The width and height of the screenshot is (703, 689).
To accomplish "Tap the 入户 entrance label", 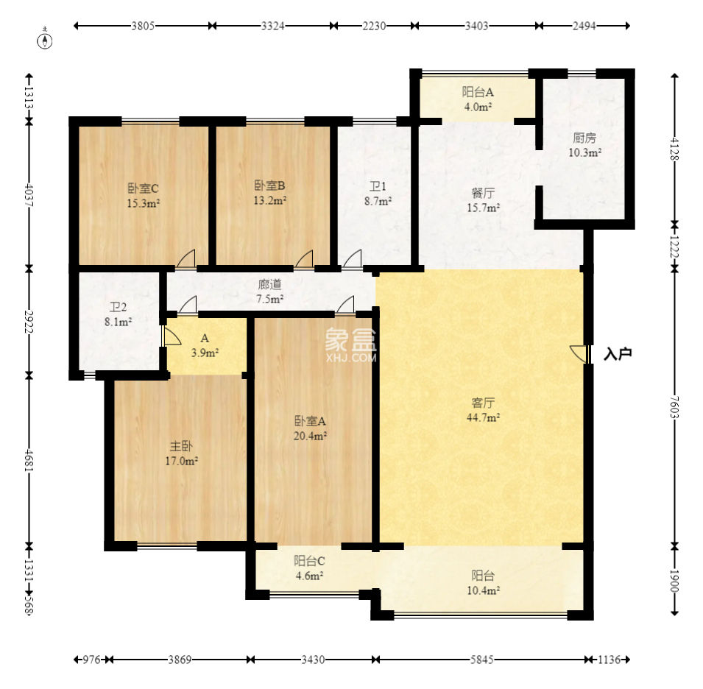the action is tap(618, 353).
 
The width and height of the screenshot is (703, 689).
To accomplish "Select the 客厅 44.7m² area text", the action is tap(483, 410).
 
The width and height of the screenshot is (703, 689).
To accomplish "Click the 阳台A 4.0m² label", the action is tap(478, 99).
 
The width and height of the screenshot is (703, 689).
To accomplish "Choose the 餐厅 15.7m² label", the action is tap(483, 200).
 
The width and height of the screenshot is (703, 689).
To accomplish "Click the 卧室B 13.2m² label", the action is tap(269, 193).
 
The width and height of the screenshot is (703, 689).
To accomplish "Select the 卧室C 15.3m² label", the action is tap(143, 196).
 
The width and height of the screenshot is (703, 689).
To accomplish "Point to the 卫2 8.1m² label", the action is tap(118, 314).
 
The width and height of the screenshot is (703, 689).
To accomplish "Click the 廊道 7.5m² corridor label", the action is tap(269, 291).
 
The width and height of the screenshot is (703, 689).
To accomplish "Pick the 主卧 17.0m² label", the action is tap(181, 453).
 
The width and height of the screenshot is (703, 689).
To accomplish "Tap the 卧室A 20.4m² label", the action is tap(310, 428).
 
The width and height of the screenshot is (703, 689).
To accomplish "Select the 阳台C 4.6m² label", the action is tap(309, 568).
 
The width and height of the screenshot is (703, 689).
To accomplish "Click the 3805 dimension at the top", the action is tap(143, 26).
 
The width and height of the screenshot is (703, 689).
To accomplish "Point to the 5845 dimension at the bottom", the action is tap(481, 660).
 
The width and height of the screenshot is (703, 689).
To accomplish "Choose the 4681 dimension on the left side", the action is tap(29, 460).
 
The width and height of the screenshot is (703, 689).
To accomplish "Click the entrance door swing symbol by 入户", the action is tap(578, 353).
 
